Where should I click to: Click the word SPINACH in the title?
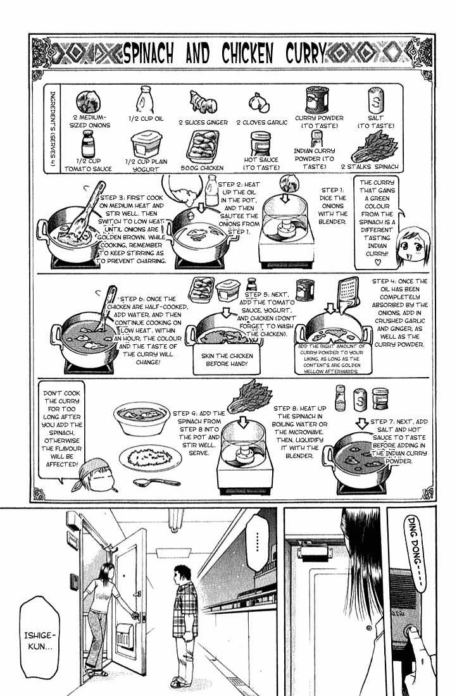(147, 54)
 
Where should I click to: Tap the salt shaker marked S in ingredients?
(376, 101)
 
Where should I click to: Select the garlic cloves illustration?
(259, 103)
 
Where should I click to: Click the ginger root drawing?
(203, 102)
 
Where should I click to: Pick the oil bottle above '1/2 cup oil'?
(145, 100)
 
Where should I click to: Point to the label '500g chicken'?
(202, 168)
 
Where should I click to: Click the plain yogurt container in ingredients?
(146, 144)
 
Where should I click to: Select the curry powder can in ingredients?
(317, 100)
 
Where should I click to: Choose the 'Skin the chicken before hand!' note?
(227, 359)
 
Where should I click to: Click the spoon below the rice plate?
(157, 482)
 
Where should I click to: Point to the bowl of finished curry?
(142, 419)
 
